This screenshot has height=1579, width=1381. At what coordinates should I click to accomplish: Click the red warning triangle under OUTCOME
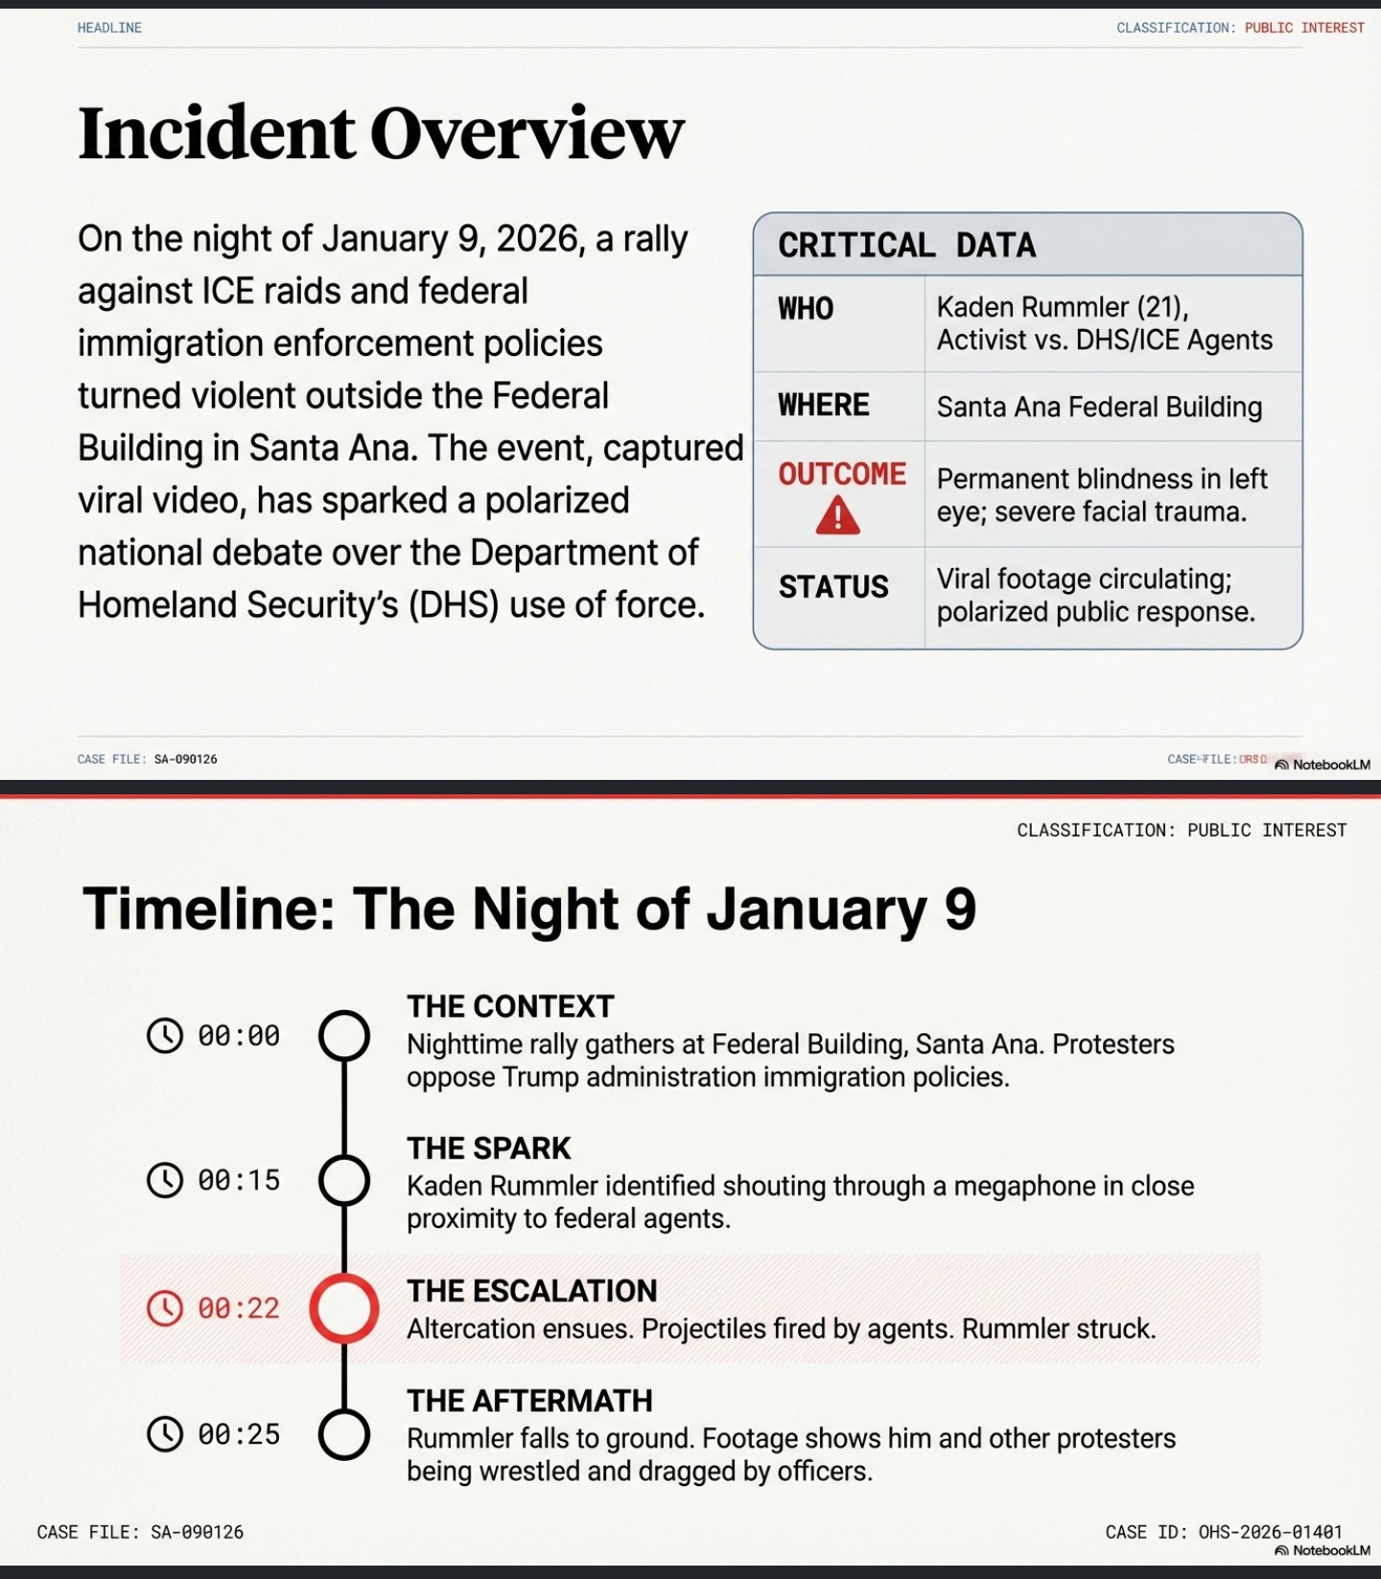pos(837,515)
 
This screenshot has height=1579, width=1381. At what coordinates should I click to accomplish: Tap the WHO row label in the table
pos(806,309)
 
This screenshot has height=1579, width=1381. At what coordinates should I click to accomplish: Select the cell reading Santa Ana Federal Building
pos(1099,407)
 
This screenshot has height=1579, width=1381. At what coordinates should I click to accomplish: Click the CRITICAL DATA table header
pos(906,246)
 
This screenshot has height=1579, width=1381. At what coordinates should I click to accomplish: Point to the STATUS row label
pos(833,587)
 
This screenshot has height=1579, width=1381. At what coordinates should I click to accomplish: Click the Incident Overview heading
pos(381,132)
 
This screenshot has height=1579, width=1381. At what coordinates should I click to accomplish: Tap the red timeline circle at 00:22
pos(344,1308)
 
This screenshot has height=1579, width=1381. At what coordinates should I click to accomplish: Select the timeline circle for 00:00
pos(344,1035)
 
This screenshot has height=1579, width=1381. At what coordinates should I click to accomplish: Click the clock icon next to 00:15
pos(165,1180)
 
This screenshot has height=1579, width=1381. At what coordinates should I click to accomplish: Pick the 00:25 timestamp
pos(239,1434)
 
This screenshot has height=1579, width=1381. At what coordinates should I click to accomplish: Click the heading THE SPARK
pos(488,1148)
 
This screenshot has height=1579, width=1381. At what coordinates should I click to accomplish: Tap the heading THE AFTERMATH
pos(529,1401)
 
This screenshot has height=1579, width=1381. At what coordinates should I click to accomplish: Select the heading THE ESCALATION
pos(531,1291)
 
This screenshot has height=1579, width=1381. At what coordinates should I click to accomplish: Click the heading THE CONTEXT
pos(510,1006)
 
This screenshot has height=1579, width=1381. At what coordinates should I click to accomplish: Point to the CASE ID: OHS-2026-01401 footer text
pos(1224,1532)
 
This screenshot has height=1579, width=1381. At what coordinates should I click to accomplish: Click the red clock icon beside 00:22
pos(165,1308)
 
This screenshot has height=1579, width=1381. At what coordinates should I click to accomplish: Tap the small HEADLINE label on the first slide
pos(109,28)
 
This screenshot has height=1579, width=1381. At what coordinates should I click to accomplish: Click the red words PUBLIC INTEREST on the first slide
pos(1304,28)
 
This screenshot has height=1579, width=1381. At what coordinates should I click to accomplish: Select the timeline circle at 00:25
pos(344,1434)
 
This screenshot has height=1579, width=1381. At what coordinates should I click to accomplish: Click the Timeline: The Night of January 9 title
pos(529,908)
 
